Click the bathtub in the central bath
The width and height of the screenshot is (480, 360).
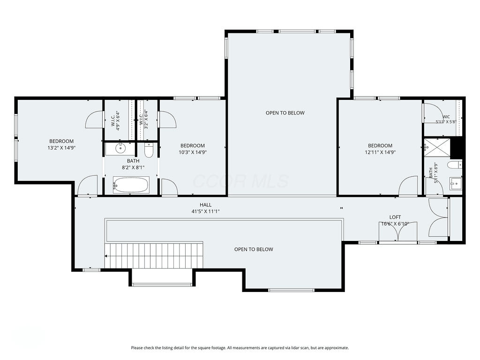pos(131,185)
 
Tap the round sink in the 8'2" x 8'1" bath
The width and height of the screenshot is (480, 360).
pos(120,149)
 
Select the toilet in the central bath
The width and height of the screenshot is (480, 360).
pos(149,150)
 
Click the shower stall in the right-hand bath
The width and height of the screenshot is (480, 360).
pos(437,148)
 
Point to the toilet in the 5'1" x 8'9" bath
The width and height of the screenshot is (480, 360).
pos(455,165)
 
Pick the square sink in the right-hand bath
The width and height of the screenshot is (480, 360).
pos(456,183)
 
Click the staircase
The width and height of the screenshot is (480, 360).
pos(154,255)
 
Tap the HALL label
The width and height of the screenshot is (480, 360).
pos(205,205)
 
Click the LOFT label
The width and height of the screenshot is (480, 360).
pos(395,217)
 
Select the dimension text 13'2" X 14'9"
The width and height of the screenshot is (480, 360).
pos(61,148)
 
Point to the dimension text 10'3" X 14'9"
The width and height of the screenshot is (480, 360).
pos(193,152)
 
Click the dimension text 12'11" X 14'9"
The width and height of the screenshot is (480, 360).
pos(380,152)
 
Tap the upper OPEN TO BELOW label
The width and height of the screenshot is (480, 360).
pos(285,112)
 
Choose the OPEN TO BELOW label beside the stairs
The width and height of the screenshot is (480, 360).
pos(254,249)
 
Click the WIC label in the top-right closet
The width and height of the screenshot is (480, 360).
pos(446,117)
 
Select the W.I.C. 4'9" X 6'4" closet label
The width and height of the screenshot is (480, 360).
pos(115,121)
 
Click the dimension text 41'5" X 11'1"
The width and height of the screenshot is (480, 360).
pos(206,211)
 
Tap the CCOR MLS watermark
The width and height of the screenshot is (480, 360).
pos(240,181)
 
